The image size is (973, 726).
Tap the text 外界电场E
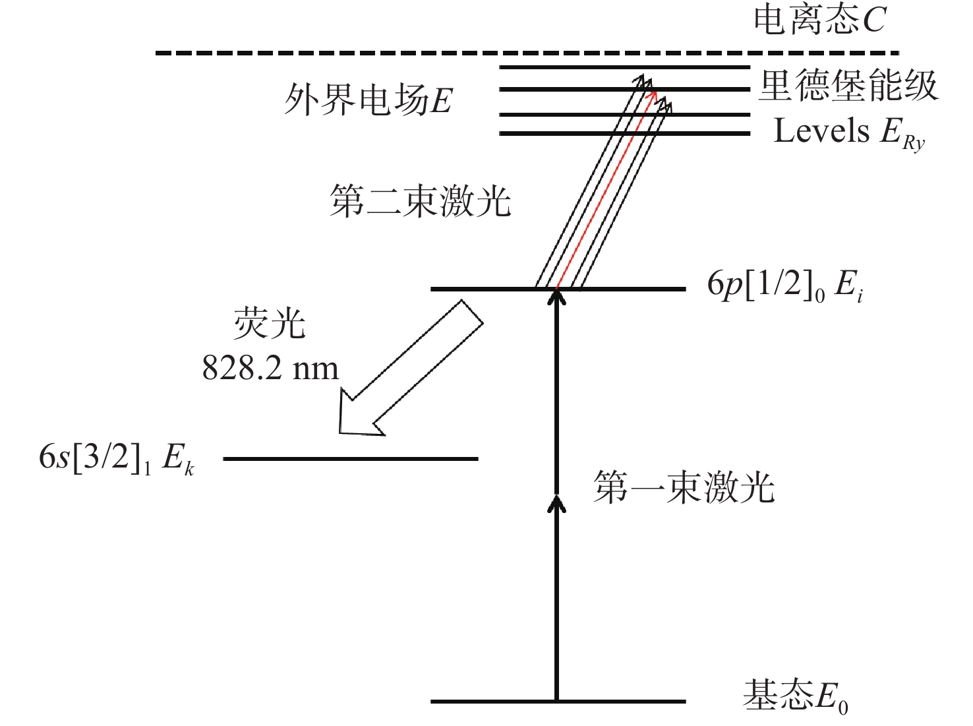pyautogui.click(x=368, y=101)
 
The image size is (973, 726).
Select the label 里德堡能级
pyautogui.click(x=848, y=86)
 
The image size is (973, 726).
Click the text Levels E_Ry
pyautogui.click(x=849, y=132)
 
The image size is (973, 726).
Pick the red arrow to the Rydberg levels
pyautogui.click(x=605, y=191)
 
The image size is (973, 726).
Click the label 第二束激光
pyautogui.click(x=421, y=201)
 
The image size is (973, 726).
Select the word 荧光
pyautogui.click(x=270, y=324)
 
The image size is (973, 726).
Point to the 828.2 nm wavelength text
pyautogui.click(x=270, y=369)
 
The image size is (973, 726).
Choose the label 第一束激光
pyautogui.click(x=684, y=488)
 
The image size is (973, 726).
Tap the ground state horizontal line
pyautogui.click(x=494, y=701)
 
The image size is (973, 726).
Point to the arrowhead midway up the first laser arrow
pyautogui.click(x=558, y=504)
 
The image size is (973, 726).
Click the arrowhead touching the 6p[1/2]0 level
pyautogui.click(x=558, y=298)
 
